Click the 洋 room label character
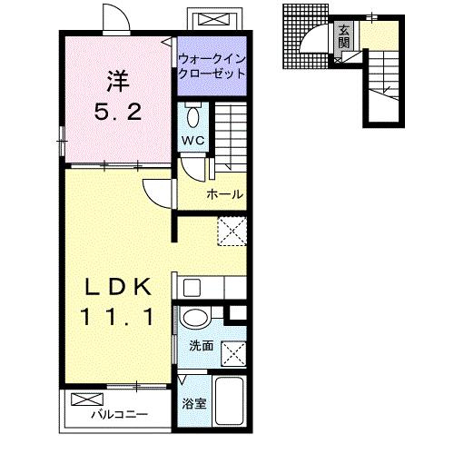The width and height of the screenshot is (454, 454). pos(118,81)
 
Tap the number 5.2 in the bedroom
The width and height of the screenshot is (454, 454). pos(118,112)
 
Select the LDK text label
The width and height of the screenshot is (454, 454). pos(118,287)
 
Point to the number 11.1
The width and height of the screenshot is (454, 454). pos(117,317)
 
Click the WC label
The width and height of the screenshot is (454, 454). pos(193,141)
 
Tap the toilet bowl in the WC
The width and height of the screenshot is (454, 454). pos(193,117)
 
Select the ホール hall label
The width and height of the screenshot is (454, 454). pos(225,194)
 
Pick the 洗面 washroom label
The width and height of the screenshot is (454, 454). pos(202,346)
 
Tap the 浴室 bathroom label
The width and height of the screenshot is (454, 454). pos(194,403)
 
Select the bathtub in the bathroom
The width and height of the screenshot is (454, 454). pos(230,400)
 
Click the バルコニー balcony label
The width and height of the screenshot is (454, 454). pos(120,414)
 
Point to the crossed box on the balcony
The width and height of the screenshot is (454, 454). pos(87,400)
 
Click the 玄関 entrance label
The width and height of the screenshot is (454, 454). pos(344,36)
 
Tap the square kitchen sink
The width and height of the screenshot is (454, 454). pos(192,288)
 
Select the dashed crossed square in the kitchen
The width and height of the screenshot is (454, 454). pos(232,232)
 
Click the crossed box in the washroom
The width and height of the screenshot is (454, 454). pos(233,353)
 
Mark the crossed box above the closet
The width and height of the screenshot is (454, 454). pos(213,20)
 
